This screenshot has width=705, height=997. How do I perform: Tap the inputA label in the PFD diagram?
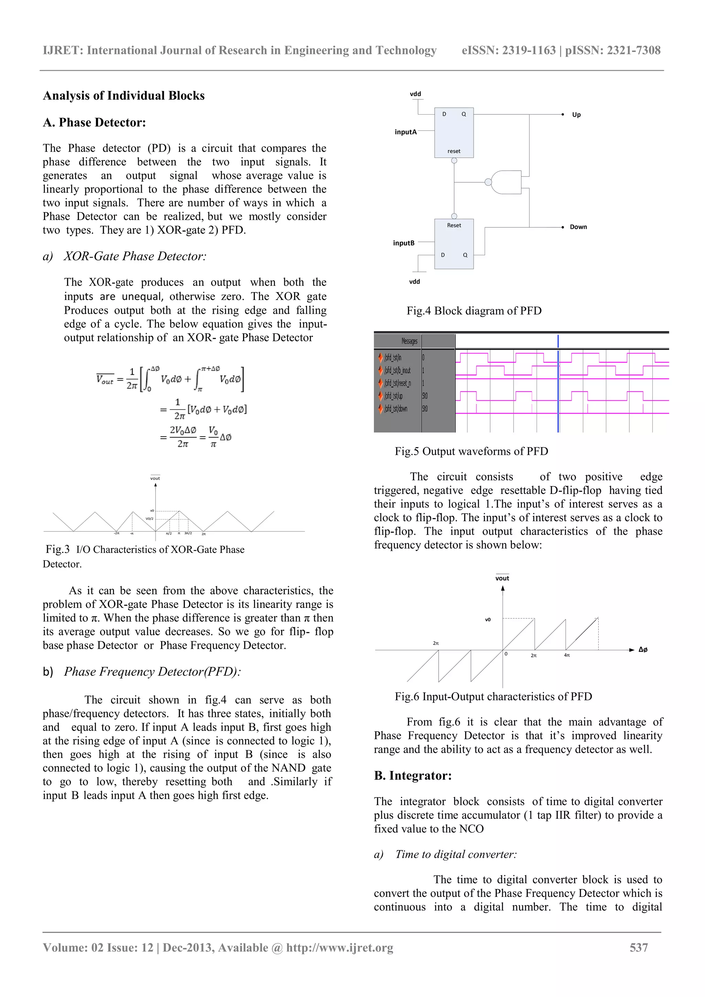[x=405, y=132]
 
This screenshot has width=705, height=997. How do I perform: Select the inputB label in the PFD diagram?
[x=403, y=243]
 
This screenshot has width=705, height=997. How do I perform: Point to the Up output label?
[x=576, y=115]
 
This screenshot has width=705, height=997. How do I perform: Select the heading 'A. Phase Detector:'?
[x=94, y=123]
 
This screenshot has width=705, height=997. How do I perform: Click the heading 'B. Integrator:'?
[x=413, y=775]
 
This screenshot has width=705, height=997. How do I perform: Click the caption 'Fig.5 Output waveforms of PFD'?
[x=471, y=451]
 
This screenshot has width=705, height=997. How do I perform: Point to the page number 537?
[x=639, y=947]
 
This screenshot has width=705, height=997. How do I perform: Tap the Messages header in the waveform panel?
[x=409, y=341]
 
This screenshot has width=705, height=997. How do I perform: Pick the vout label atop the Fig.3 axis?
[x=155, y=478]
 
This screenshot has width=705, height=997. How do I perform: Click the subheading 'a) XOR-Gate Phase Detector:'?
[x=135, y=256]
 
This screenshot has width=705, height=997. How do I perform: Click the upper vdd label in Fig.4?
[x=415, y=94]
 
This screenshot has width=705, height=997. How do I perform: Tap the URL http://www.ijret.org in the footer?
[x=339, y=947]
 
